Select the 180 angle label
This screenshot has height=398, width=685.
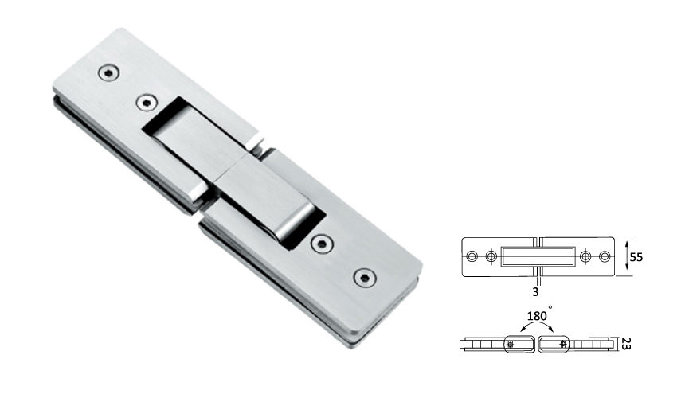[538, 316]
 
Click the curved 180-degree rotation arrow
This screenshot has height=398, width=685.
[538, 328]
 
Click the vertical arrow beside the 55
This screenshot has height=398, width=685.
[627, 256]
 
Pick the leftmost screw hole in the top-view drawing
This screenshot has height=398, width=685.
[472, 256]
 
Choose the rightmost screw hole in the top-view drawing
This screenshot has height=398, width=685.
[605, 256]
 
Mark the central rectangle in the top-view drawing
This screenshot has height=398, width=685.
[538, 256]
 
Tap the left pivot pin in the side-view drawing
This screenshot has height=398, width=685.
[511, 344]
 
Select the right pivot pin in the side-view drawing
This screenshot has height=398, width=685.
[564, 344]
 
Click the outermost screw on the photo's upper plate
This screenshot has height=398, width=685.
[107, 73]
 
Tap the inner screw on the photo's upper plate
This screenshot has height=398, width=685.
[146, 102]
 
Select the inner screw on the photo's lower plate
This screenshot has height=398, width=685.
[323, 244]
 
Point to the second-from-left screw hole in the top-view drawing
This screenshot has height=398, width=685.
[491, 256]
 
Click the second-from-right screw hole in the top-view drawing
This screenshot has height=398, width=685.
[587, 256]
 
